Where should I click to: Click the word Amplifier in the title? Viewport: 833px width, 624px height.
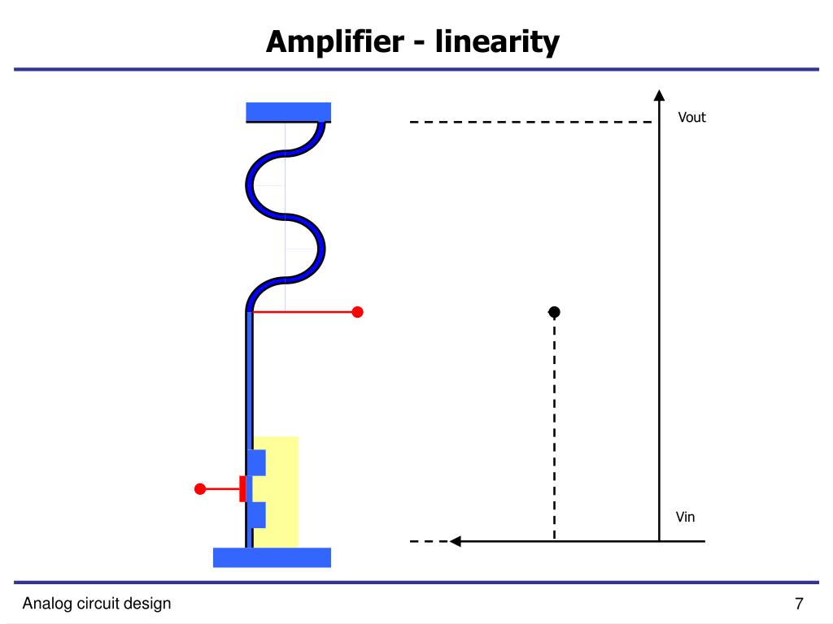coord(334,41)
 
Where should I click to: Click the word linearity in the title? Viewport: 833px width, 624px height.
coord(497,41)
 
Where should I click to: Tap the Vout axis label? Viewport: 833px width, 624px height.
coord(692,118)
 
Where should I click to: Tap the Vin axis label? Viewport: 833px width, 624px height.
coord(686,518)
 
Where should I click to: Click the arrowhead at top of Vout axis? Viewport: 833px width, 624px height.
coord(659,94)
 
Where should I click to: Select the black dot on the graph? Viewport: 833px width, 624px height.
coord(554,312)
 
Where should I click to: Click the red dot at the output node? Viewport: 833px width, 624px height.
coord(357,312)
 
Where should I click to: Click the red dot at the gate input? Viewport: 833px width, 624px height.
coord(200,489)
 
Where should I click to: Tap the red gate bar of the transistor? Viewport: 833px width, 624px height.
coord(242,489)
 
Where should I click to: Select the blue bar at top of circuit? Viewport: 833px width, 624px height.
coord(288,112)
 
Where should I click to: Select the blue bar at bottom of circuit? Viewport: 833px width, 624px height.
coord(272,557)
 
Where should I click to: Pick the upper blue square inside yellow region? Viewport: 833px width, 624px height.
coord(257,462)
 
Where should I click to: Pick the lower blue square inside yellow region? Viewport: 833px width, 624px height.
coord(257,515)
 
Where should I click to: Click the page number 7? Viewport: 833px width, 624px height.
coord(799,604)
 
